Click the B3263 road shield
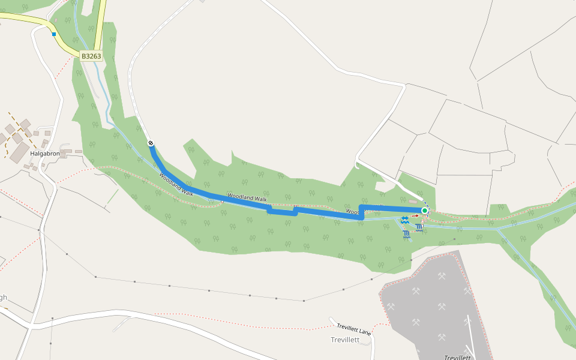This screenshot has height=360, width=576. tap(91, 56)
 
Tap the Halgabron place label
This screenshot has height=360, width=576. tap(45, 154)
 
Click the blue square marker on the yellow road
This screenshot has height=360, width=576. tap(54, 34)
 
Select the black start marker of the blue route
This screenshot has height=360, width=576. tap(151, 143)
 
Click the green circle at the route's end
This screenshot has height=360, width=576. tap(424, 211)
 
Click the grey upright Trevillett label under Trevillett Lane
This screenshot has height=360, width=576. tap(344, 340)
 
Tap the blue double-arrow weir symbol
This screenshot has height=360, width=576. tap(405, 220)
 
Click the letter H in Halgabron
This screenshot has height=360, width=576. tap(32, 154)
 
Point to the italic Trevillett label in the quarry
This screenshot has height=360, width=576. tap(457, 357)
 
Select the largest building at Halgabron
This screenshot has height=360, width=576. tap(17, 138)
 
